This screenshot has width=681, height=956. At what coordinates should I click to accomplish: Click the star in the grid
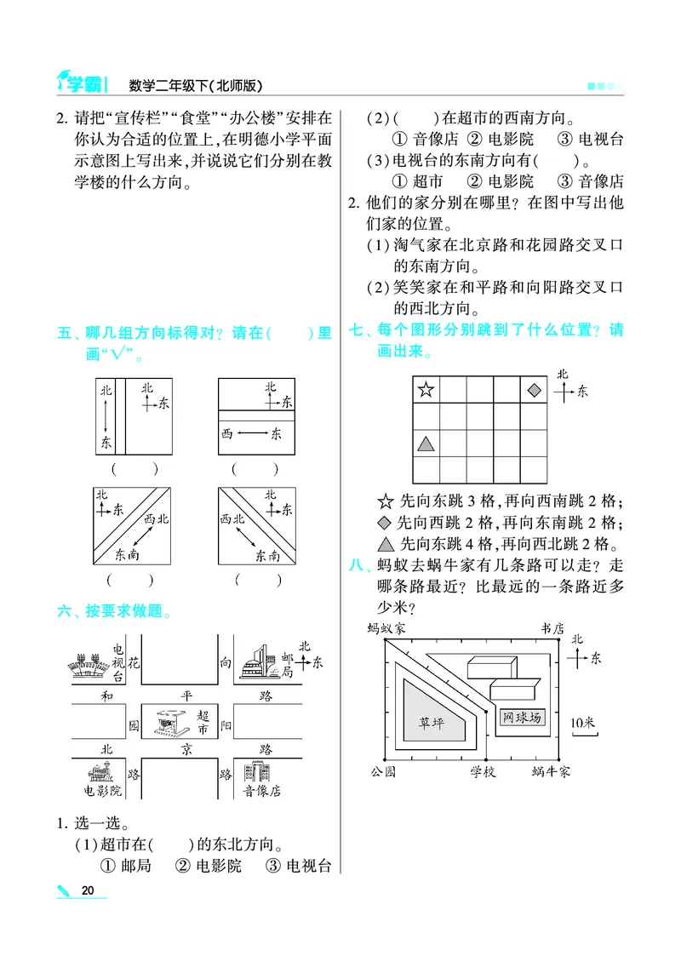[x=426, y=391]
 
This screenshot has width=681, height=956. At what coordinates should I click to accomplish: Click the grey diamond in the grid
[x=534, y=391]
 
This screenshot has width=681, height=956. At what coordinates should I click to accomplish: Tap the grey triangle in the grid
[x=426, y=444]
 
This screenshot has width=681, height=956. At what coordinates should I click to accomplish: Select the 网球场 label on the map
[x=522, y=718]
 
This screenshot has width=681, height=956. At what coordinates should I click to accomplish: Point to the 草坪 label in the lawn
[x=431, y=723]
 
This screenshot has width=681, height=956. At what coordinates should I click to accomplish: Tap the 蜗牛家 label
[x=551, y=770]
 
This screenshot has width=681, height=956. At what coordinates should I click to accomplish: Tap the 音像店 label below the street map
[x=261, y=790]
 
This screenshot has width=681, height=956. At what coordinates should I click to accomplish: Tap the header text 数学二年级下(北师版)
[x=195, y=85]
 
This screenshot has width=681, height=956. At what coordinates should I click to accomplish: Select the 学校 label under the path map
[x=483, y=770]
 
